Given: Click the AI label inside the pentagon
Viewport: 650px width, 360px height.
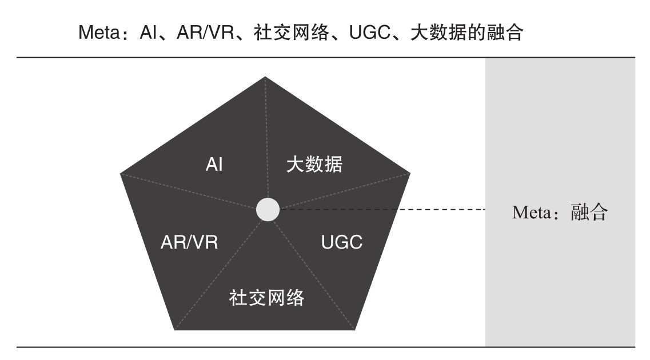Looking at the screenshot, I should [214, 165].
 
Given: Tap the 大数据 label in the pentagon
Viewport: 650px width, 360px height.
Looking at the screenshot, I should [314, 165].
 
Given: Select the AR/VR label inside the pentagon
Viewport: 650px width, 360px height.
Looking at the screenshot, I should [188, 242].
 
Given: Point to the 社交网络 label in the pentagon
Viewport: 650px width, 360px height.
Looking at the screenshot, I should [266, 298].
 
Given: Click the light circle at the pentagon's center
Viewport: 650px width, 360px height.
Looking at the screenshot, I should [268, 210].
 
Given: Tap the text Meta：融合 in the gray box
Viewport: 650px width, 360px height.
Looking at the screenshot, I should [560, 213].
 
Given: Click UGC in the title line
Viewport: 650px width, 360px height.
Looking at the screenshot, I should [364, 33].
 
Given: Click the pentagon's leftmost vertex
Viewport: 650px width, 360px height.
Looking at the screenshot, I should [121, 172].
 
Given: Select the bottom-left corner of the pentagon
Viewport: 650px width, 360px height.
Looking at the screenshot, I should [173, 330].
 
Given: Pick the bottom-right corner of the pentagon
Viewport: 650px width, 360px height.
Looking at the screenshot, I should [356, 330].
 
